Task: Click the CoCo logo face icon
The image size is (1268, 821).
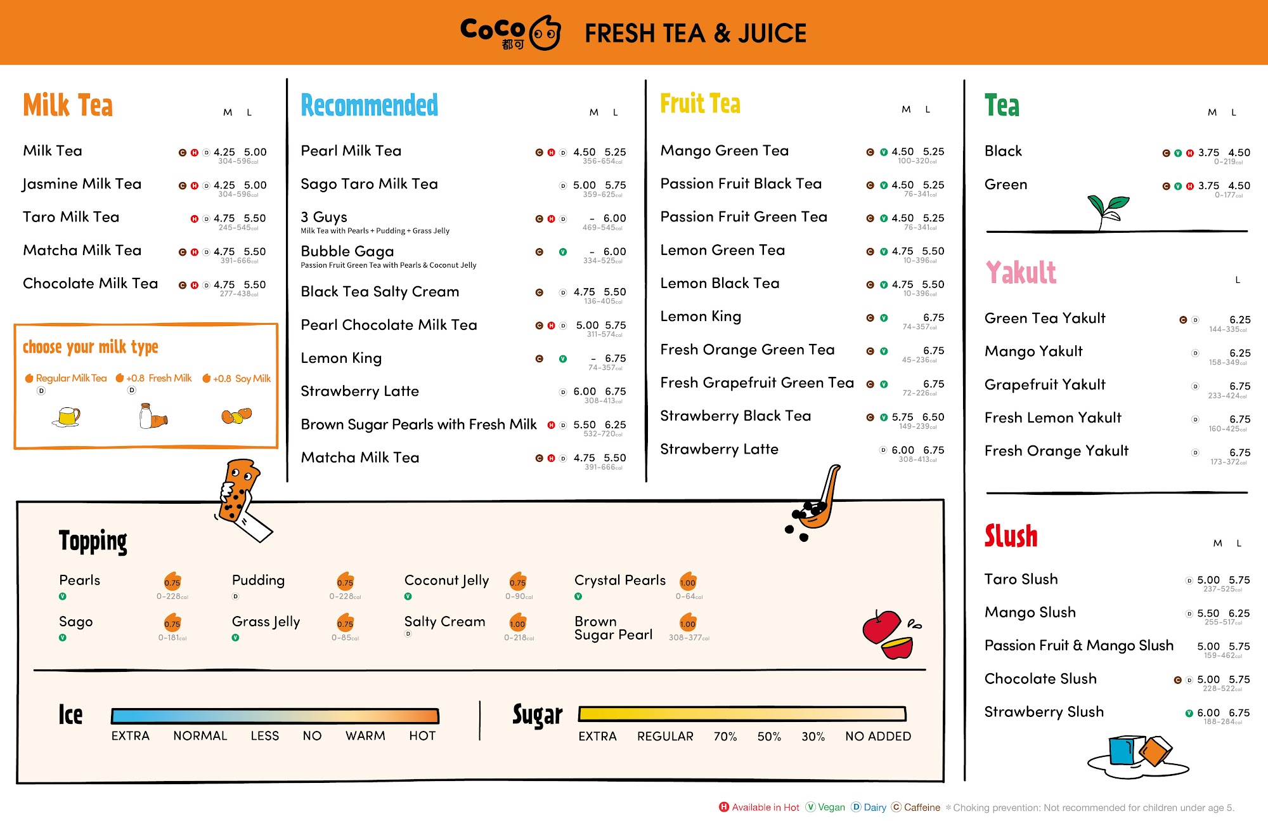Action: coord(545,33)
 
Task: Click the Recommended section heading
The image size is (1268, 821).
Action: coord(369,105)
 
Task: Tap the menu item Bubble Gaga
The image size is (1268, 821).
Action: coord(347,251)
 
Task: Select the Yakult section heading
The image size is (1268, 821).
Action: coord(1021,273)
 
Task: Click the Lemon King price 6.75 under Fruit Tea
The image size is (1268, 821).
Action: coord(933,317)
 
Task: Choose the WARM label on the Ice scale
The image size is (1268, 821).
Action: coord(365,736)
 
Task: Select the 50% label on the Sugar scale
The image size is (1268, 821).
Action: coord(769,737)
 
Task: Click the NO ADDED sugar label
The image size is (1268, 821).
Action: coord(877,737)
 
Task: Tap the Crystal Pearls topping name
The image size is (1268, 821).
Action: coord(619,580)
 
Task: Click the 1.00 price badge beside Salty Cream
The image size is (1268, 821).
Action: coord(517,623)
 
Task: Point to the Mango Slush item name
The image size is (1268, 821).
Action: coord(1030,612)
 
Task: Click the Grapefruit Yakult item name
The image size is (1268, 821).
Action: coord(1044,384)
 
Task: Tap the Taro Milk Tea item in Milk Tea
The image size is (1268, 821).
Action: coord(71,217)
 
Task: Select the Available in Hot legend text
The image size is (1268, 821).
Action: coord(765,808)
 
